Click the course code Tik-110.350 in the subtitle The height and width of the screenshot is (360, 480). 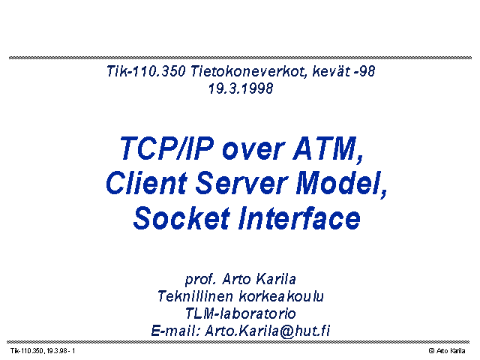point(146,71)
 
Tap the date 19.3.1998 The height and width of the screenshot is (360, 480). point(241,88)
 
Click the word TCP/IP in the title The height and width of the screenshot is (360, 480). point(166,148)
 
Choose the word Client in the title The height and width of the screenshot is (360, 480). point(147,183)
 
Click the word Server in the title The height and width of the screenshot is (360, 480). point(241,183)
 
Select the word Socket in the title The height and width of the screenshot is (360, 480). point(181,218)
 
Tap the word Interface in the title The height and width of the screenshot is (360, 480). point(300,218)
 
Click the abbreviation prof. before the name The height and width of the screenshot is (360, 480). point(201,280)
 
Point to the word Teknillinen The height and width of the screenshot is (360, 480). point(195,296)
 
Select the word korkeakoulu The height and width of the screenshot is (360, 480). point(281,296)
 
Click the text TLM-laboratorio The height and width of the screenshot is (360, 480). point(241,313)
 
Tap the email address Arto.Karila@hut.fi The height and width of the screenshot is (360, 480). point(268,331)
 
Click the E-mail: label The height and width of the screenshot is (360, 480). point(175,331)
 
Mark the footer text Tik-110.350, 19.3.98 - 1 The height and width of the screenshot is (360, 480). point(43,351)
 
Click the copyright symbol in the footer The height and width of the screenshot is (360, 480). point(432,351)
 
